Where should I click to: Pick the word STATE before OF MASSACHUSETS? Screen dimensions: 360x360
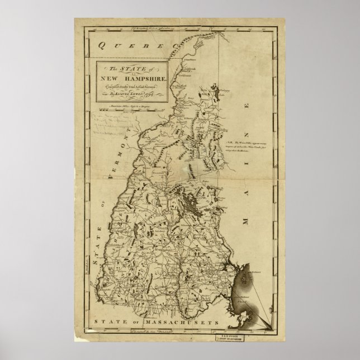point(112,323)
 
